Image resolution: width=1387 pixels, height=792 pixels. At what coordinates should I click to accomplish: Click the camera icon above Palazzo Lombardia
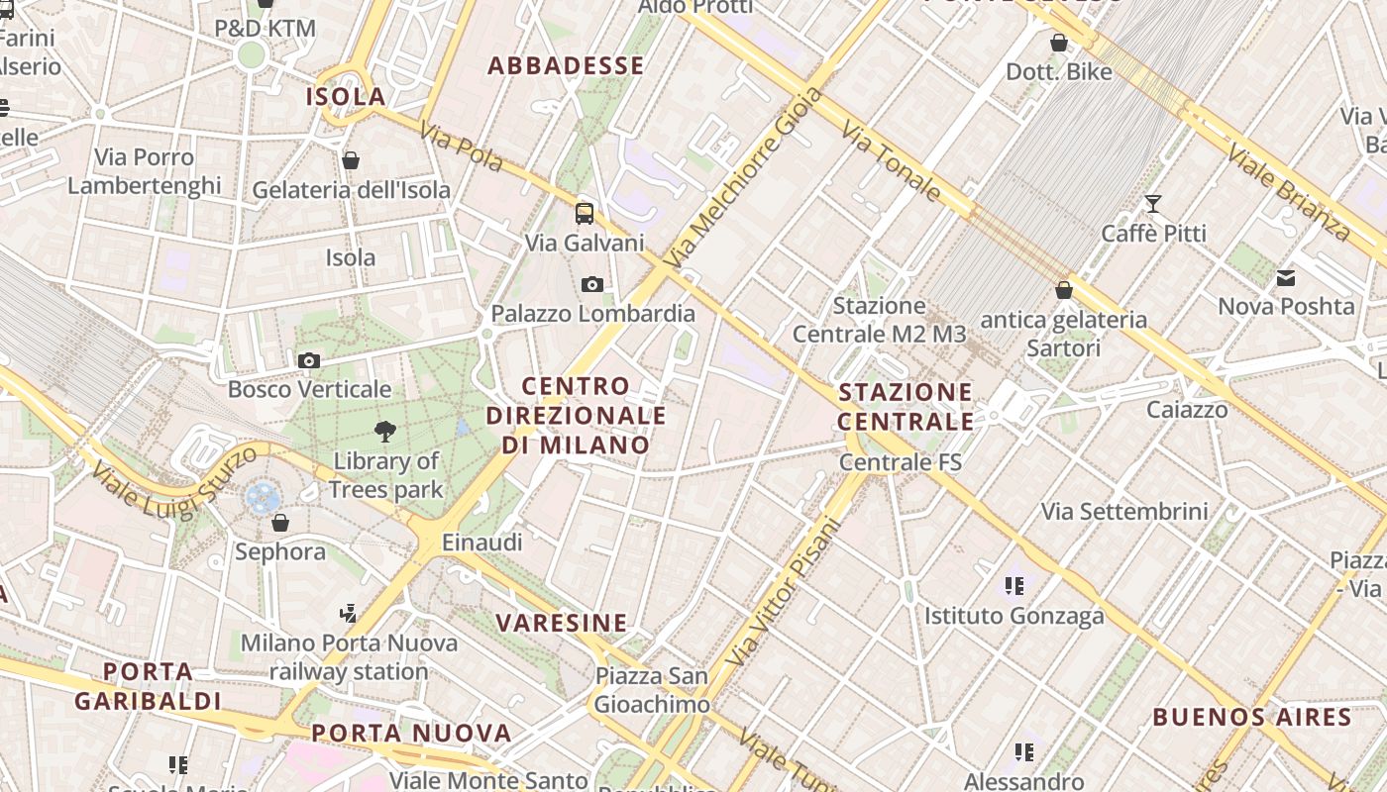click(x=592, y=285)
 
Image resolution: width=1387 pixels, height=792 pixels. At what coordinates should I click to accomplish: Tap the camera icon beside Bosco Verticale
click(x=309, y=360)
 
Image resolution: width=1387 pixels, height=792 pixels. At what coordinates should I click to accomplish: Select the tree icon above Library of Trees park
click(x=385, y=431)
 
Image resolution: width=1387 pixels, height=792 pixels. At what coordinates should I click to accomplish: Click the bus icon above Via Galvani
click(x=585, y=213)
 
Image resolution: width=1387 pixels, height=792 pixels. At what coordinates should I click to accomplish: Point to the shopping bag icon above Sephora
click(x=280, y=522)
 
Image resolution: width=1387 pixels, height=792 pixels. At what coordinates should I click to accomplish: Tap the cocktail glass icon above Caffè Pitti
click(x=1153, y=204)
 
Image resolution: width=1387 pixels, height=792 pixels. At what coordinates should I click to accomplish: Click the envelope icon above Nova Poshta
click(x=1286, y=278)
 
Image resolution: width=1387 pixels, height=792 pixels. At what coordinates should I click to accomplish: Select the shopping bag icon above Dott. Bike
click(x=1059, y=43)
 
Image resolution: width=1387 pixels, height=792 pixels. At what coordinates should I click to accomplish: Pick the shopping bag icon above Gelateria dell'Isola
click(x=351, y=160)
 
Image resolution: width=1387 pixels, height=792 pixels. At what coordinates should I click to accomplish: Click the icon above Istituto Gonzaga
click(x=1014, y=586)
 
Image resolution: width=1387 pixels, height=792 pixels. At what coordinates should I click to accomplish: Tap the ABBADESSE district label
click(x=567, y=66)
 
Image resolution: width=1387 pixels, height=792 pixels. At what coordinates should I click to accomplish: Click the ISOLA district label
click(x=346, y=97)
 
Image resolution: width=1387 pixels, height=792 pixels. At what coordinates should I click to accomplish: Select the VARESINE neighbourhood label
click(x=562, y=623)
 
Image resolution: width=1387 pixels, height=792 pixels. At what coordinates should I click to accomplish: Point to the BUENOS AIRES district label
click(x=1252, y=718)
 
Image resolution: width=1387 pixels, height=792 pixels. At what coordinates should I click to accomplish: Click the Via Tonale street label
click(x=891, y=161)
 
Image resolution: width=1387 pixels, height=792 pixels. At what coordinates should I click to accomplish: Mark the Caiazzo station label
click(x=1187, y=410)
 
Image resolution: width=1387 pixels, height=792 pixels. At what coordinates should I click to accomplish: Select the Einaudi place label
click(x=481, y=543)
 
